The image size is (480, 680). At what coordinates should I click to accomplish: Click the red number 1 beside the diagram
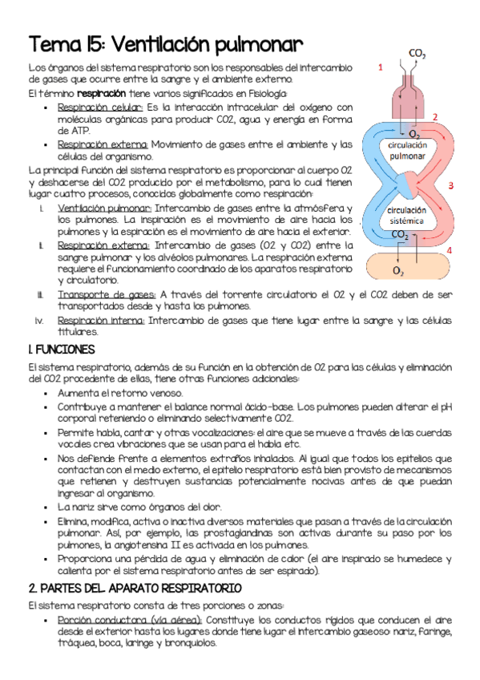[x=380, y=67]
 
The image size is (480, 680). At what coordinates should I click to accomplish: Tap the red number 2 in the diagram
[x=435, y=117]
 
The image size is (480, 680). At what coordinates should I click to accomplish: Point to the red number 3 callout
[x=450, y=185]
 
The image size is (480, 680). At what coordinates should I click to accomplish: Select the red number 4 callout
[x=449, y=250]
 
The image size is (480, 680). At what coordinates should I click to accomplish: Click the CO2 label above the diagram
[x=417, y=54]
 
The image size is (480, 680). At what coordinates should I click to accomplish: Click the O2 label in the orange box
[x=398, y=271]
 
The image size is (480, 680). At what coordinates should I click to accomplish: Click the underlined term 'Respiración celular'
[x=100, y=107]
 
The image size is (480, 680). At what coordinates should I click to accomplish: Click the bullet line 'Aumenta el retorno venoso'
[x=120, y=393]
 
